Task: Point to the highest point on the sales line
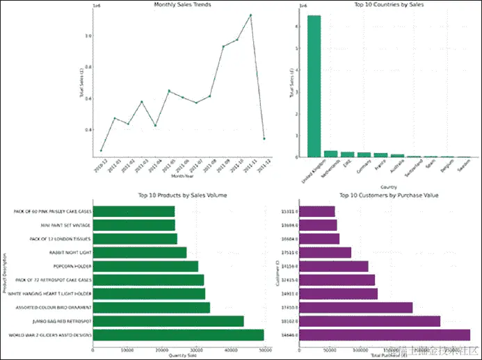(x=250, y=15)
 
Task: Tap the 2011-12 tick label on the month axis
(x=260, y=166)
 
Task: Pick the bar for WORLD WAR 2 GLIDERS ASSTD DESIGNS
(x=178, y=335)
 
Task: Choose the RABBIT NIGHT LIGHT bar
(x=140, y=252)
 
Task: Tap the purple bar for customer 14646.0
(x=394, y=335)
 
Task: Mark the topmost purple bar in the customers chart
(x=326, y=211)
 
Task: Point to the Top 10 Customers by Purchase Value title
(x=388, y=196)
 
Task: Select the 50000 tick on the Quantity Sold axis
(x=264, y=350)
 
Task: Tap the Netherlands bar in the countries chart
(x=331, y=154)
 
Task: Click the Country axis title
(x=388, y=186)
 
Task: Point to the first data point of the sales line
(x=102, y=150)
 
